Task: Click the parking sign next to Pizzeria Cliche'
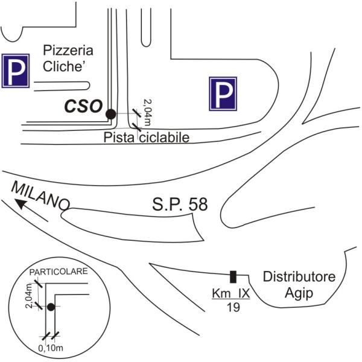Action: pyautogui.click(x=15, y=71)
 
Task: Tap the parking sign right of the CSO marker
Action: pyautogui.click(x=223, y=94)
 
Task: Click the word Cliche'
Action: pyautogui.click(x=65, y=68)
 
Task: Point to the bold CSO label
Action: pyautogui.click(x=83, y=106)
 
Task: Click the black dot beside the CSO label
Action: pyautogui.click(x=111, y=113)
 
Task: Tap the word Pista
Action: pyautogui.click(x=118, y=138)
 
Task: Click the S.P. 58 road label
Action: pyautogui.click(x=179, y=205)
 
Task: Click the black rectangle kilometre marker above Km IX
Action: pyautogui.click(x=233, y=277)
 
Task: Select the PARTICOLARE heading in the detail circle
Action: pyautogui.click(x=58, y=271)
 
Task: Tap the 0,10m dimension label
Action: pyautogui.click(x=49, y=348)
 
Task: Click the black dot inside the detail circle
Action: pyautogui.click(x=51, y=308)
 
